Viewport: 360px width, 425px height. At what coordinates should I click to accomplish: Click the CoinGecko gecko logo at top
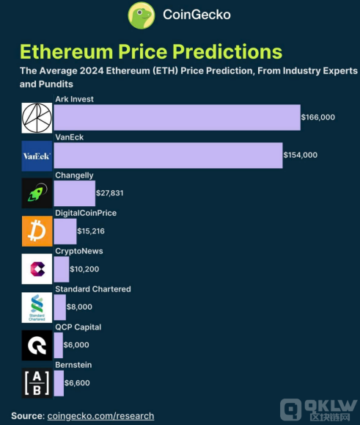tap(143, 15)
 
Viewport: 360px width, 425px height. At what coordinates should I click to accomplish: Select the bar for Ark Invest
tap(177, 117)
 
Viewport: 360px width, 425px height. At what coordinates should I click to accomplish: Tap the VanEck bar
tap(168, 155)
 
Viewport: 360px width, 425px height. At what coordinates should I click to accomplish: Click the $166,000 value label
tap(317, 117)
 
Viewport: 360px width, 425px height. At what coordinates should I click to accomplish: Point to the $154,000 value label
tap(301, 155)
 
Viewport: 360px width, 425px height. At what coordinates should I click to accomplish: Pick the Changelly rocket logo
tap(37, 193)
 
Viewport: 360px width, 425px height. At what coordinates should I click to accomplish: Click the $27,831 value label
tap(111, 193)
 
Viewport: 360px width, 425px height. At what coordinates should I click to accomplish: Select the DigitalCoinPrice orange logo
tap(37, 231)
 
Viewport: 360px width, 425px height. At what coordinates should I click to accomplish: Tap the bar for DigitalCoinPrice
tap(65, 231)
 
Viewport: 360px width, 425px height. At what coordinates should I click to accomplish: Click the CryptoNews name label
tap(78, 251)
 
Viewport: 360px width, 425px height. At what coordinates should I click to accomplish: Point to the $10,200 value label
tap(84, 269)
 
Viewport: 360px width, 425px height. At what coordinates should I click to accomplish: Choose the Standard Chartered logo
tap(37, 308)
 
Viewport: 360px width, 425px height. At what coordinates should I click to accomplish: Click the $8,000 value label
tap(78, 308)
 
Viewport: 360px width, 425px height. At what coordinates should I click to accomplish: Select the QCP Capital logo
tap(37, 345)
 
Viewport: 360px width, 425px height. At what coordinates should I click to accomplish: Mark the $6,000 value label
tap(76, 345)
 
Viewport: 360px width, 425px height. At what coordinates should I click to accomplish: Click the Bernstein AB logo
tap(37, 383)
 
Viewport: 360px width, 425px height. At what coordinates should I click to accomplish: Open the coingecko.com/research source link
tap(100, 415)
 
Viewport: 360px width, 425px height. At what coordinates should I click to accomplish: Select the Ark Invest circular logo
tap(37, 117)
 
